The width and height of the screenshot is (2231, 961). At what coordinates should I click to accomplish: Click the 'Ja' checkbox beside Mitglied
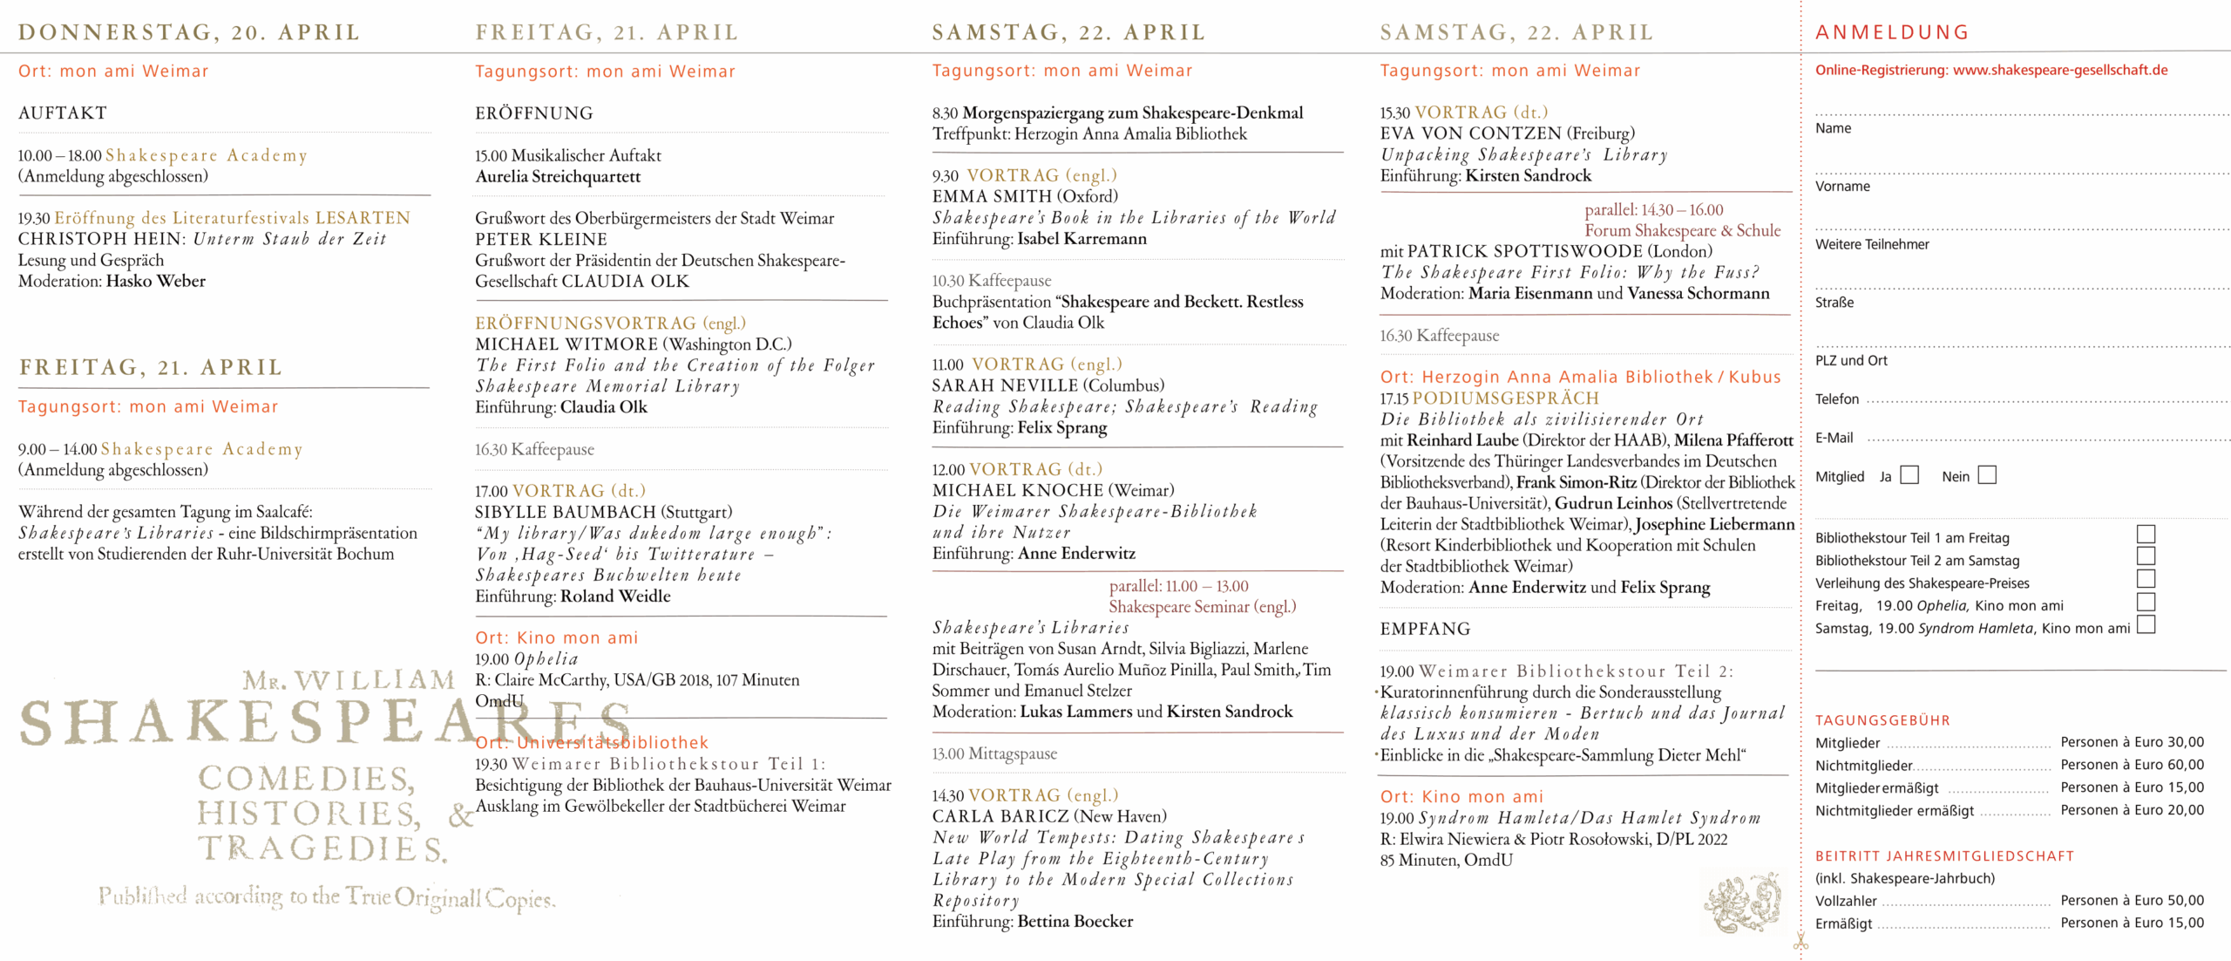(1909, 475)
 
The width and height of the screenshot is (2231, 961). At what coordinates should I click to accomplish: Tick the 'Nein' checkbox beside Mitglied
(1987, 475)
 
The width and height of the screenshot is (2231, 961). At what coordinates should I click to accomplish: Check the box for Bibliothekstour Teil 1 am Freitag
(2146, 534)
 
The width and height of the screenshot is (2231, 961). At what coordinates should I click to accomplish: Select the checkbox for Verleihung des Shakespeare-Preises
(2146, 579)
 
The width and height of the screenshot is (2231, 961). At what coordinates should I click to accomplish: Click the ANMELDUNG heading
(1892, 32)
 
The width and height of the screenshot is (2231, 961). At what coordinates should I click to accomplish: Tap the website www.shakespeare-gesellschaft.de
(2060, 70)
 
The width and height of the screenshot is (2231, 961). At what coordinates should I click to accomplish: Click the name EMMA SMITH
(992, 196)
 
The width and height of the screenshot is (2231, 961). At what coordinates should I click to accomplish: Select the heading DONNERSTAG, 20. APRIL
(189, 32)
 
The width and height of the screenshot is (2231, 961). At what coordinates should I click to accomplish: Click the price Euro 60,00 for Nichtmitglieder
(2132, 765)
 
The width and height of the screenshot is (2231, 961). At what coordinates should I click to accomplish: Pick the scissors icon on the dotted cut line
(1800, 942)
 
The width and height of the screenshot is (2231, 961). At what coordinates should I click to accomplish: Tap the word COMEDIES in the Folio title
(307, 778)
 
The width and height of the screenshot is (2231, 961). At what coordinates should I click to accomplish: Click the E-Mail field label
(1834, 438)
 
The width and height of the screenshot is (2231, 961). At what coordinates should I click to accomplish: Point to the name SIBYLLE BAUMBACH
(565, 512)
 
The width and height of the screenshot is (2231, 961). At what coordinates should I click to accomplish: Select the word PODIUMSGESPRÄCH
(1506, 398)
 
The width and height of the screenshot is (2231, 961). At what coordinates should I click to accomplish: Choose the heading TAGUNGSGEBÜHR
(1882, 720)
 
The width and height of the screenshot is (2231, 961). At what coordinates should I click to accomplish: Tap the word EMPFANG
(1425, 629)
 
